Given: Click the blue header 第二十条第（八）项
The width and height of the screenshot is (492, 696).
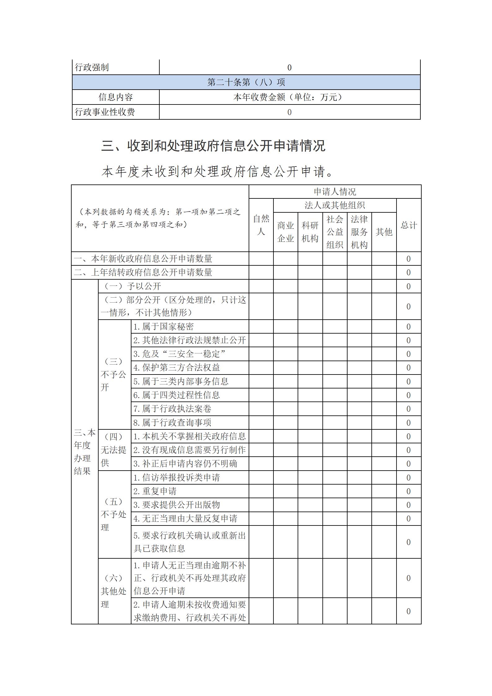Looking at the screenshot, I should tap(246, 82).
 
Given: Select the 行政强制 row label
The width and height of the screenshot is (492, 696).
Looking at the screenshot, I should tap(92, 67).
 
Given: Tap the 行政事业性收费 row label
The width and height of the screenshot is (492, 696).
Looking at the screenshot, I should tap(105, 112).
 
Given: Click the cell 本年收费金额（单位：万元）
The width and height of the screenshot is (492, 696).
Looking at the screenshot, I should tap(289, 97).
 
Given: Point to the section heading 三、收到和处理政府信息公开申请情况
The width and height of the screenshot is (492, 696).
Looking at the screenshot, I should tap(213, 146).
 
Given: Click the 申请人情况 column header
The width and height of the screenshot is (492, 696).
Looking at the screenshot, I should tap(335, 192).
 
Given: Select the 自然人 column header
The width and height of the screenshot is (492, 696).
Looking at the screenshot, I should tap(261, 225).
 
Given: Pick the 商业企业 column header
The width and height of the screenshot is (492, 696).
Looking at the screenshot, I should tap(286, 232).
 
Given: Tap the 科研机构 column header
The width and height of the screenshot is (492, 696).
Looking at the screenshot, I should tap(310, 232).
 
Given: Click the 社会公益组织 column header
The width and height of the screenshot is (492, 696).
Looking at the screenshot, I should tap(335, 232).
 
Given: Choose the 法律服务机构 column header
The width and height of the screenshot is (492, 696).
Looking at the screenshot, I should tap(359, 232).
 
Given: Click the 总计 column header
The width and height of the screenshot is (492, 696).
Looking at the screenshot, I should tap(409, 225).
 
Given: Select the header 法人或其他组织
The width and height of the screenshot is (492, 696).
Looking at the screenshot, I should tap(335, 205).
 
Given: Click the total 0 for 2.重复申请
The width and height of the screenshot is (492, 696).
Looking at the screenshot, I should tap(409, 491).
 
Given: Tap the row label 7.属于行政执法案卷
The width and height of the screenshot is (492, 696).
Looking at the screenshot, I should tap(172, 409).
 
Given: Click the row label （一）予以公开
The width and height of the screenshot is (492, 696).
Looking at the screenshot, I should tap(133, 286).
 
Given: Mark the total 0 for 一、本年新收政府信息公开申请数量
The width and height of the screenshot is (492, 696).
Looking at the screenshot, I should tap(409, 259).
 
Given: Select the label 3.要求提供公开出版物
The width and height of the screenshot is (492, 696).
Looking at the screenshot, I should tap(176, 505).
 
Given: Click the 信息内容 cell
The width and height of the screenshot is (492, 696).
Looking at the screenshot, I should tap(116, 97).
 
